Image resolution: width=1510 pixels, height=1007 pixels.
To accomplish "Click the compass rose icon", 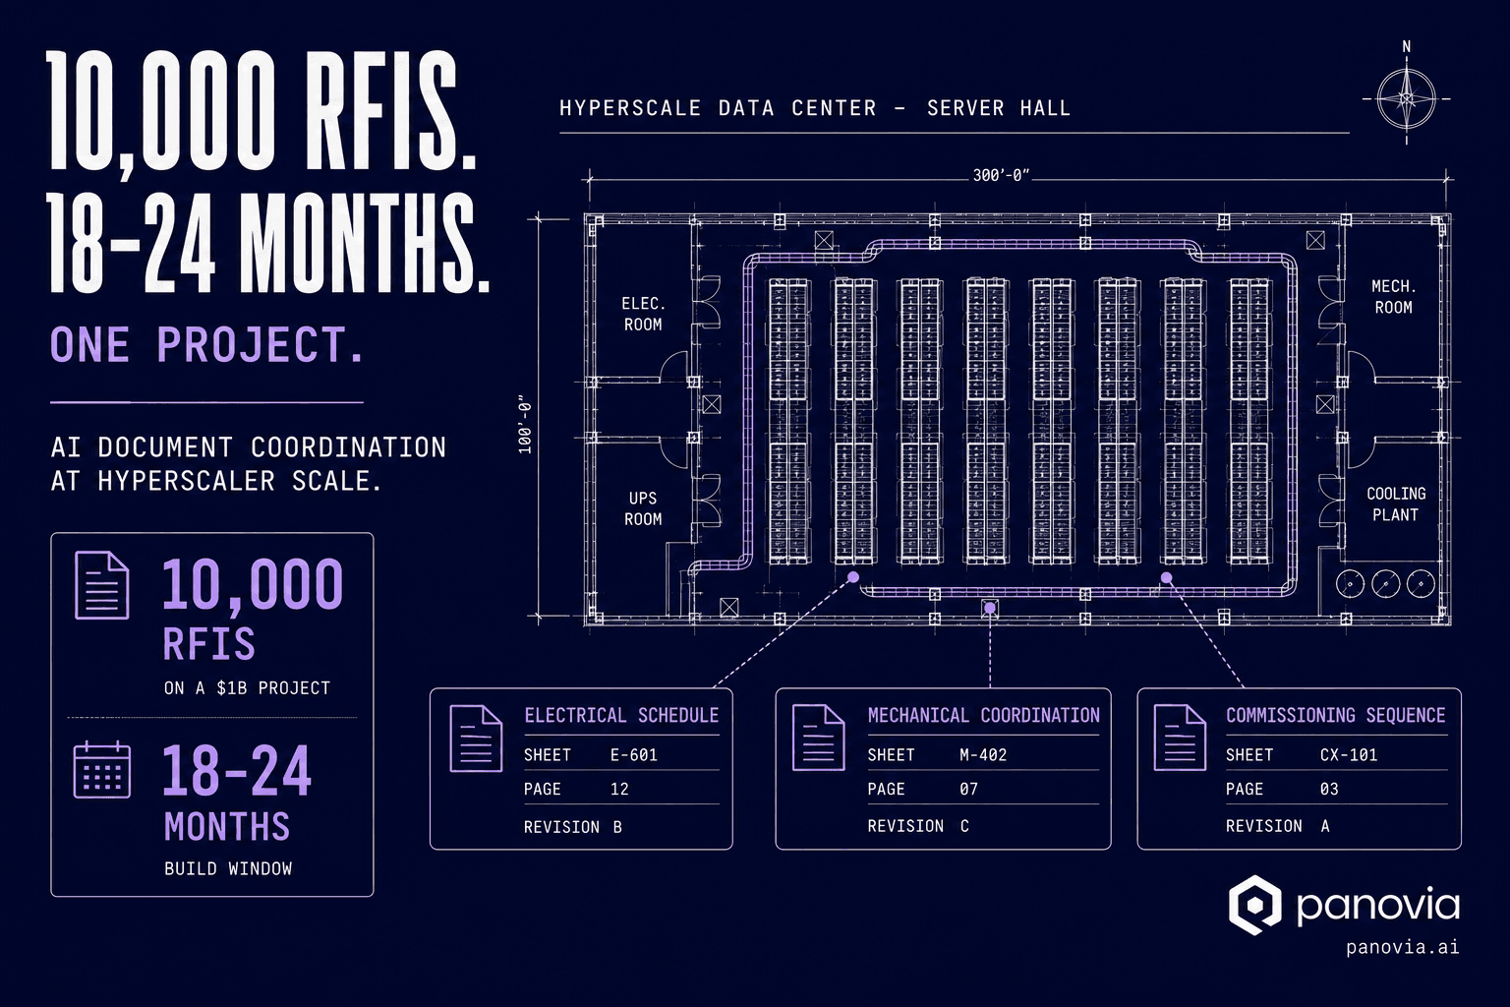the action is [x=1406, y=99].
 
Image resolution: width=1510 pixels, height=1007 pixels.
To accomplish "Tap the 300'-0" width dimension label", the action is [x=1001, y=175].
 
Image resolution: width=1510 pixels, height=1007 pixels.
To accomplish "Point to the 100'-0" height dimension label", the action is [x=525, y=424].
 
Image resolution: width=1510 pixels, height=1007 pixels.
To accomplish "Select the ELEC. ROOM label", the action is [x=643, y=314].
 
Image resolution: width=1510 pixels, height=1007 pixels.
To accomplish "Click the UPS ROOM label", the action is [x=643, y=508].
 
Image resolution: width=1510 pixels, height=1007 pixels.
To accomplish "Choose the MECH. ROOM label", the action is [x=1393, y=297].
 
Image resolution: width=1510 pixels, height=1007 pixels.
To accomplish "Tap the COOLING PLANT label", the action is [x=1396, y=503].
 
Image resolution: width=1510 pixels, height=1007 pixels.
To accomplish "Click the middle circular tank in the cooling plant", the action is [x=1385, y=584].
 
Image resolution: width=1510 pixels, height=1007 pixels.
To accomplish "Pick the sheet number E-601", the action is [x=634, y=754].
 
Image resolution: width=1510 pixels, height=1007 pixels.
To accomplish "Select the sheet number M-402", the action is [x=983, y=754].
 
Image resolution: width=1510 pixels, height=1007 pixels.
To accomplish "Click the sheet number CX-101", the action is [x=1348, y=754].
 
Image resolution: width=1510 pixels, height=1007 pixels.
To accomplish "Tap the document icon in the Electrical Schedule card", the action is [x=476, y=738].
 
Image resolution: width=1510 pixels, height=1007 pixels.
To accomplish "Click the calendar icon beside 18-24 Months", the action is [x=102, y=770].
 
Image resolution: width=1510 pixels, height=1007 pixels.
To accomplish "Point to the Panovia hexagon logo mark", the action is [x=1254, y=905].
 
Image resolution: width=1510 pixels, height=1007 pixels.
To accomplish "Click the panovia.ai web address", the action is [x=1403, y=947].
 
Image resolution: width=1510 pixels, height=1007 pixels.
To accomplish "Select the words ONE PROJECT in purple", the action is [x=207, y=344].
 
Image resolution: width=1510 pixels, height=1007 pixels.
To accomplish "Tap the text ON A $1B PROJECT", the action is [x=248, y=688].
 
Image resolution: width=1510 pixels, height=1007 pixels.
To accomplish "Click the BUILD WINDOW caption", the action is [x=228, y=868].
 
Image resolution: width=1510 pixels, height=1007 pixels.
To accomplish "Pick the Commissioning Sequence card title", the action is [x=1335, y=715].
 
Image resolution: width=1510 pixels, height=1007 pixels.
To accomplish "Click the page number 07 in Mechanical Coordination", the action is [x=968, y=789].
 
